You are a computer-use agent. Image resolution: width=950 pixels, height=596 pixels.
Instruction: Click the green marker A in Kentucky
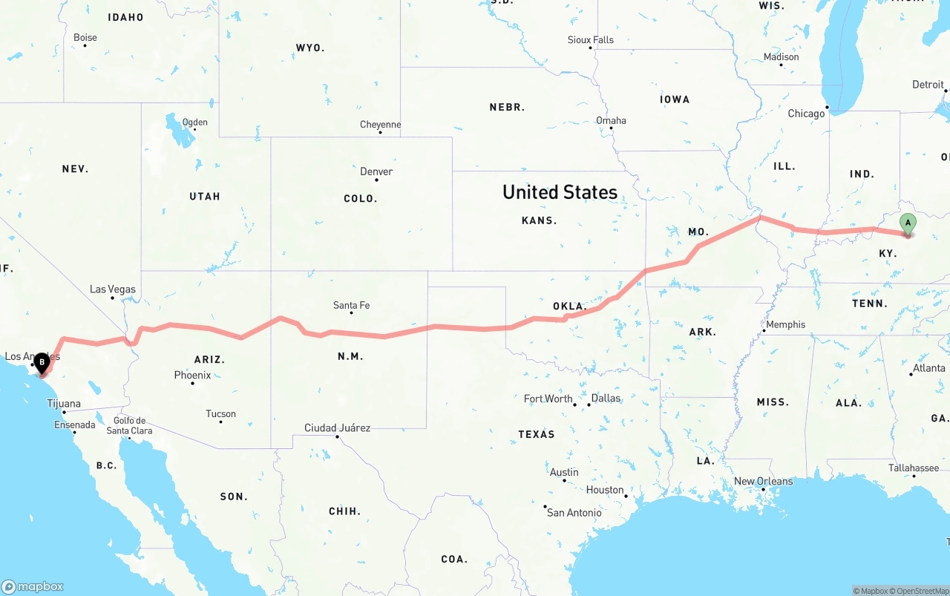click(x=907, y=223)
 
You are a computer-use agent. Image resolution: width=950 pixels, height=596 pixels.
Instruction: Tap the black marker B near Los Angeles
click(x=42, y=363)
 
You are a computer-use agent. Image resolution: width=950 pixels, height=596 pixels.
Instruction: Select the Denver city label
click(x=376, y=171)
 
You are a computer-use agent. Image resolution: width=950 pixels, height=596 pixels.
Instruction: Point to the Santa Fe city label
click(x=351, y=305)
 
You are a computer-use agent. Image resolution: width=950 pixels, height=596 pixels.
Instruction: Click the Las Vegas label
click(x=113, y=289)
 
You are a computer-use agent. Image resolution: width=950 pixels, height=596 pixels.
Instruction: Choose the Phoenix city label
click(x=192, y=376)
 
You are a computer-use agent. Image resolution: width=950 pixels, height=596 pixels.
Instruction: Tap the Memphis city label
click(x=785, y=324)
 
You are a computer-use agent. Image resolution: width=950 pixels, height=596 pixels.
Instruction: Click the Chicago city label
click(x=806, y=114)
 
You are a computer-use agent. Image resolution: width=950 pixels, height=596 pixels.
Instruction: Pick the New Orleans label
click(x=763, y=481)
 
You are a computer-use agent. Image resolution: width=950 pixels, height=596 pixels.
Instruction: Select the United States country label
click(x=560, y=192)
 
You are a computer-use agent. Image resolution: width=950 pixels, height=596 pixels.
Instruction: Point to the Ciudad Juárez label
click(x=337, y=428)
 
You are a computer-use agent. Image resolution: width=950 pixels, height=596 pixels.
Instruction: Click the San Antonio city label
click(x=574, y=512)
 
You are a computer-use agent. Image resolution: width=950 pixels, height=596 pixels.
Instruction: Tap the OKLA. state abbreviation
click(x=570, y=306)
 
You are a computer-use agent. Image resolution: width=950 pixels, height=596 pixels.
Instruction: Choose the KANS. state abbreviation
click(x=540, y=220)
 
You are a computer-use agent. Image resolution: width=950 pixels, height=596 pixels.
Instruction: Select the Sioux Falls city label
click(x=591, y=40)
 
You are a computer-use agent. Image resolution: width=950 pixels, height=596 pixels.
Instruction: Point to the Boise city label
click(x=85, y=38)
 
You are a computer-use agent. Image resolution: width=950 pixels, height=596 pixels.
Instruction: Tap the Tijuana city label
click(x=64, y=405)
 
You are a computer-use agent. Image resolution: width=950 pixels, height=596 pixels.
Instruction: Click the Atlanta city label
click(x=928, y=368)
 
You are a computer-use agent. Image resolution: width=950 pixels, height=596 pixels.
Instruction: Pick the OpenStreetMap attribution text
click(x=922, y=591)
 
